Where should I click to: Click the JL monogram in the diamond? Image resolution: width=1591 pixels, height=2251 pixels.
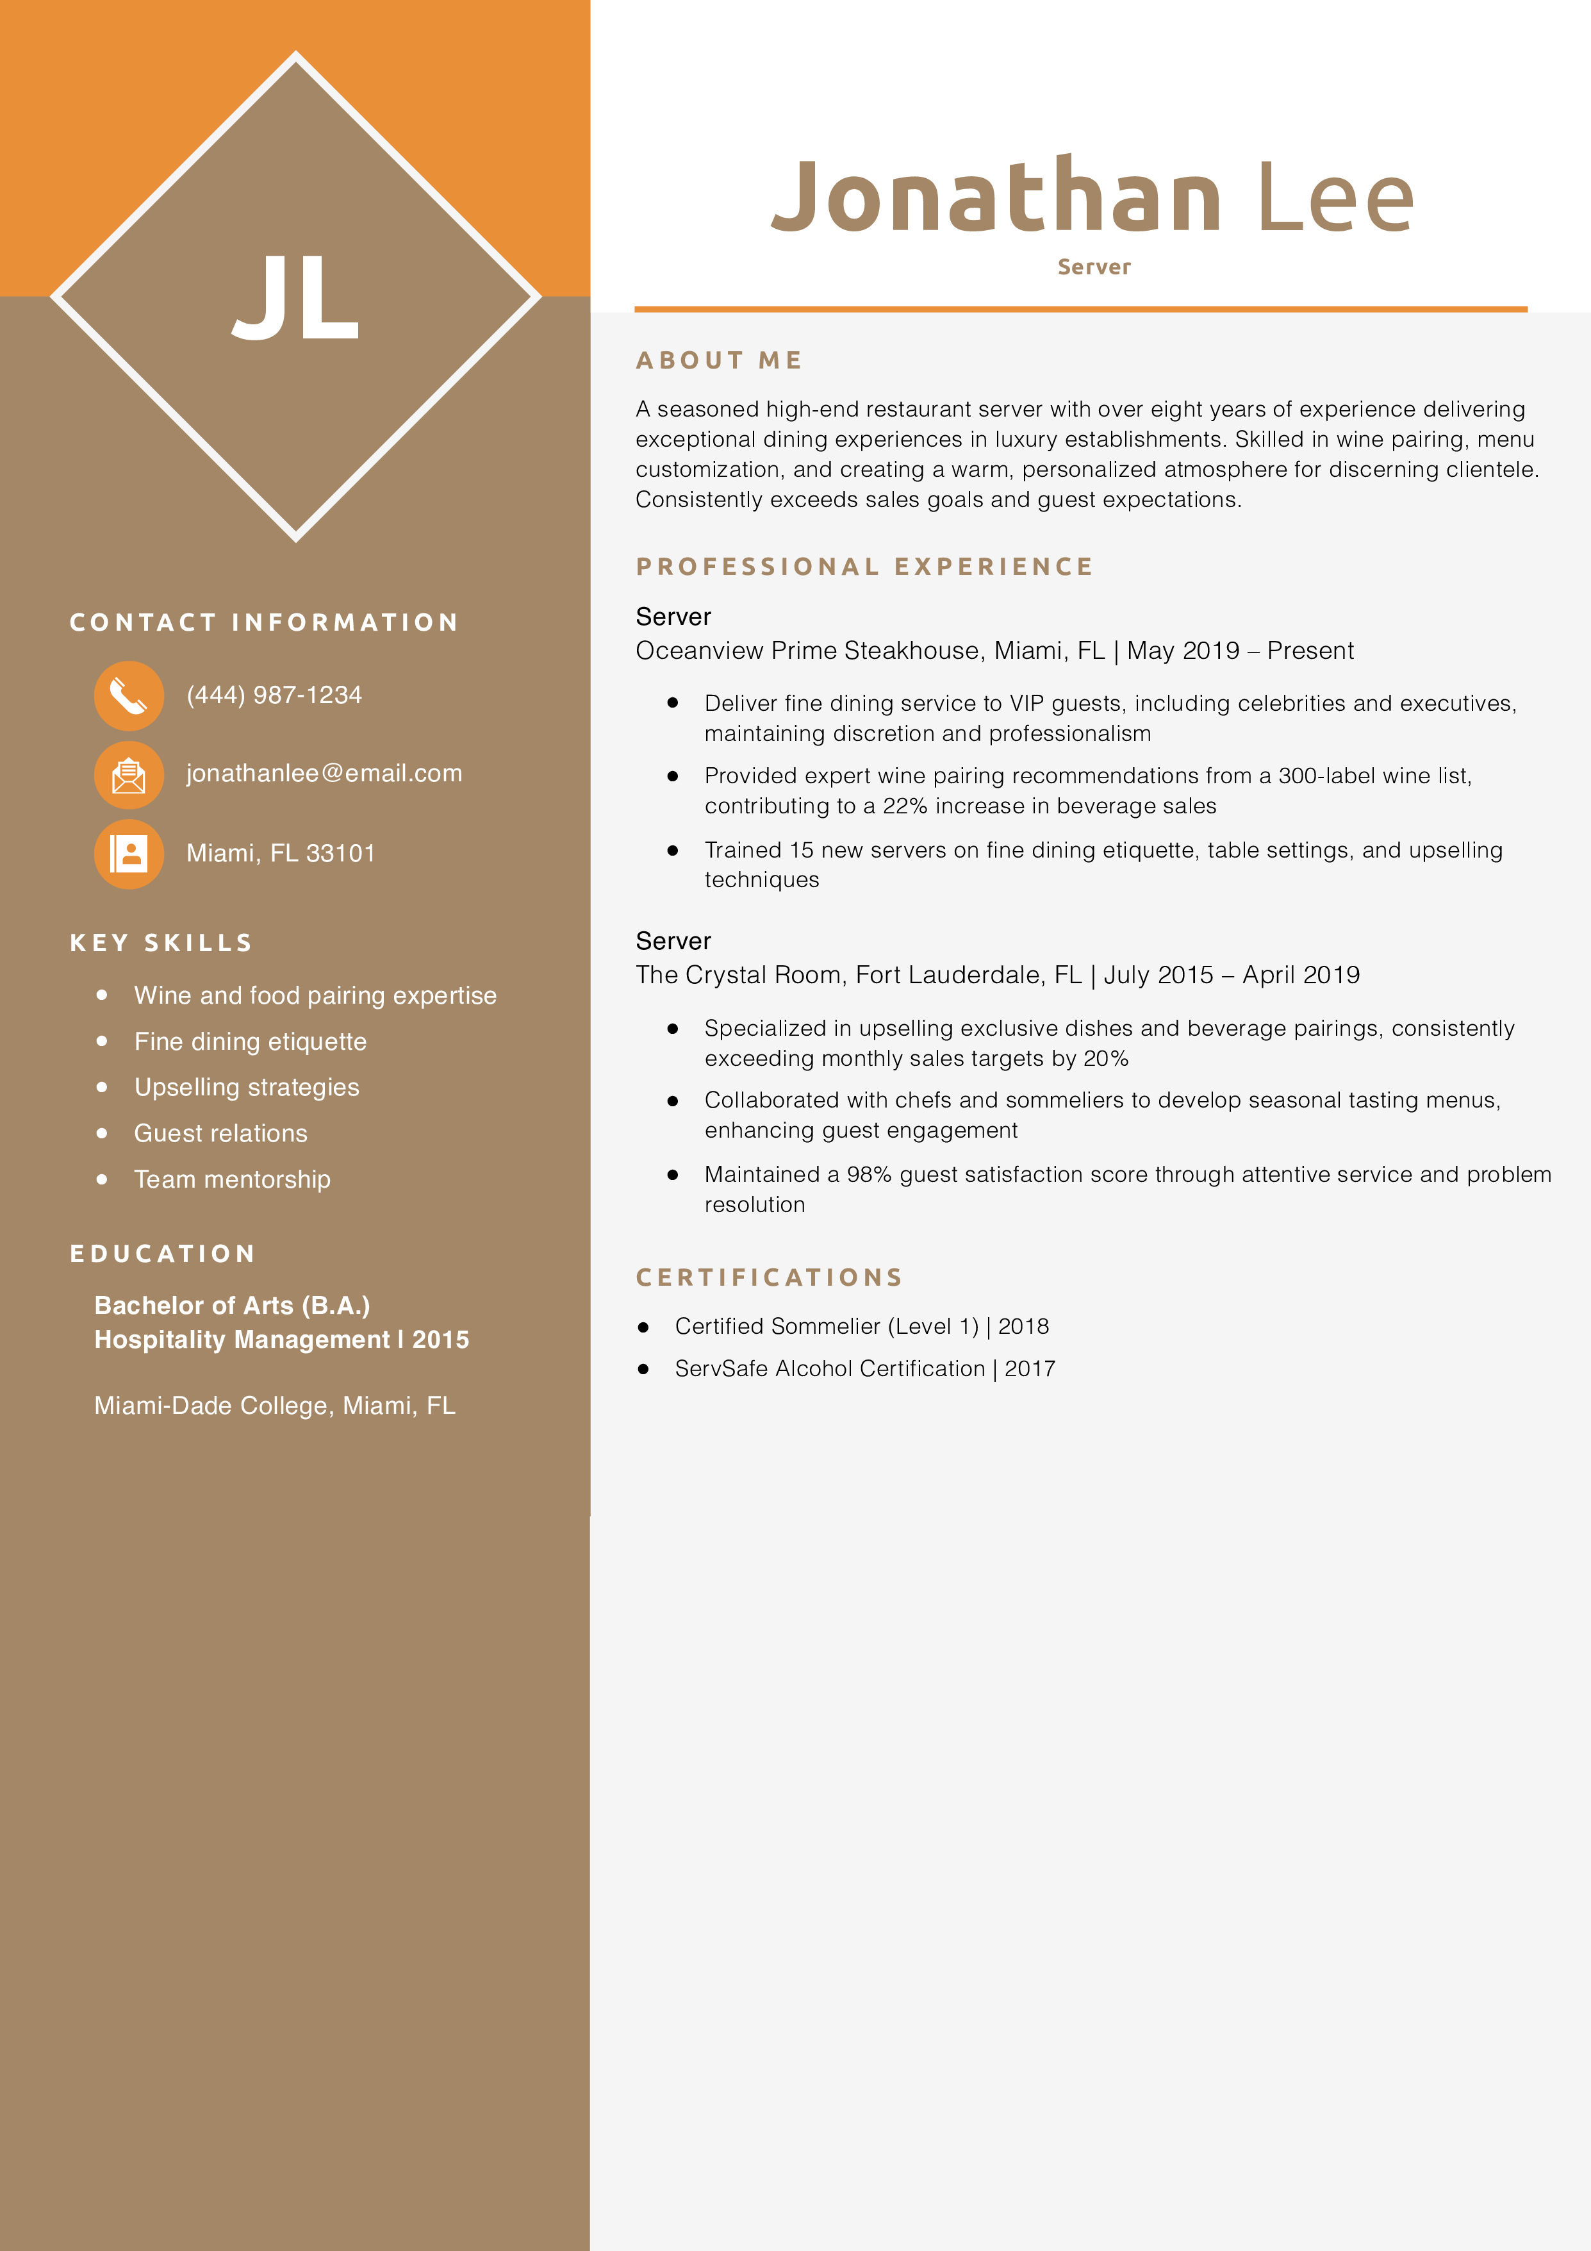[x=295, y=297]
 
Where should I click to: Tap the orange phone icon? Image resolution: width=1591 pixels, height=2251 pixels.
[x=128, y=695]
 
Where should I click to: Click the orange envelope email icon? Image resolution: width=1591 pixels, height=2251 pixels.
[x=128, y=774]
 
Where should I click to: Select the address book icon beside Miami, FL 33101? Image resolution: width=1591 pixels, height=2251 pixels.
[x=128, y=853]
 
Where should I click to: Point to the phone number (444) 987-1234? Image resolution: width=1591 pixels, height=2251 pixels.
[x=274, y=695]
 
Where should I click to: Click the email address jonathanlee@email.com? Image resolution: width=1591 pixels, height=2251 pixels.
[x=324, y=774]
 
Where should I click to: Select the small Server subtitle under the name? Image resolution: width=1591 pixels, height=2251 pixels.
[x=1093, y=267]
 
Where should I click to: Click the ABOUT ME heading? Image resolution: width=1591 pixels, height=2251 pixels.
[x=718, y=361]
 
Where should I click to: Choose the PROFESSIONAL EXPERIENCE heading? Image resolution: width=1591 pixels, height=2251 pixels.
[x=864, y=567]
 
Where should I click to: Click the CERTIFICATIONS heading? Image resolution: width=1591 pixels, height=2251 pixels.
[x=768, y=1277]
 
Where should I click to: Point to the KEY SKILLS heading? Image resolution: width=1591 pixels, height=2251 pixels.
[x=161, y=943]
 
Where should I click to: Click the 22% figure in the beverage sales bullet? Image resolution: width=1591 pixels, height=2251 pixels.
[x=904, y=806]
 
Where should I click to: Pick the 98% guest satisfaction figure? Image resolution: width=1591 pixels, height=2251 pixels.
[x=868, y=1174]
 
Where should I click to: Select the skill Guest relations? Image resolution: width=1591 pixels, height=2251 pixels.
[x=220, y=1133]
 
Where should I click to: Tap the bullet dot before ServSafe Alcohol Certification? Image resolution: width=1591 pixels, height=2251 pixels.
[x=643, y=1368]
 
